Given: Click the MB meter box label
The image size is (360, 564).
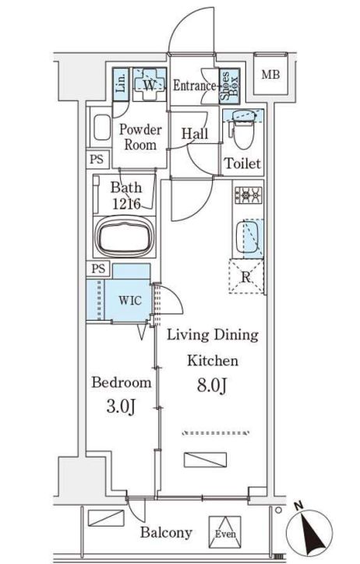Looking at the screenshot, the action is (x=270, y=75).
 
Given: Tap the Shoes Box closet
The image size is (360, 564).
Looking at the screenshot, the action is (x=229, y=86).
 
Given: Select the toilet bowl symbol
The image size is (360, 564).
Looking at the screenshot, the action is (x=243, y=130).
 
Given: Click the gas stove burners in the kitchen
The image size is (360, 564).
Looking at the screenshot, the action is (x=248, y=195).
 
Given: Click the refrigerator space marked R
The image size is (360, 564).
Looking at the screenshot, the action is (x=246, y=277).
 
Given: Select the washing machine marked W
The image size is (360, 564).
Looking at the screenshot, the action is (x=150, y=85).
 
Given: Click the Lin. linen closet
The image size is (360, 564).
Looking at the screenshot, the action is (x=121, y=85).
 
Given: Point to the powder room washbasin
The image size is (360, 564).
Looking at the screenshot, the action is (x=101, y=127).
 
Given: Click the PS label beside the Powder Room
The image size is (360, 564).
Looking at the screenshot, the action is (x=97, y=159).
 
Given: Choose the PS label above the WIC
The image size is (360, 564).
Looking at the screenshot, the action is (x=98, y=268).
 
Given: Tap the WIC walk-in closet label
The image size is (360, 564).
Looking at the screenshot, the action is (x=130, y=301).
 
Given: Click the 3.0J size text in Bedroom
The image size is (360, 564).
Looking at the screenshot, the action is (x=122, y=407).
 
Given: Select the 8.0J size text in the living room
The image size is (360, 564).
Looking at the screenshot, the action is (x=212, y=386).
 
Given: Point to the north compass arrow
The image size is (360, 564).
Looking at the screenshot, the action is (x=309, y=531).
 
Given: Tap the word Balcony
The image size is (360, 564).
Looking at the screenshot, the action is (x=166, y=533).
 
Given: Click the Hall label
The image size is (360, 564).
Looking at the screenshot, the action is (x=195, y=134).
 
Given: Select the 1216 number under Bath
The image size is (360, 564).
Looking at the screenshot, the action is (x=126, y=204).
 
